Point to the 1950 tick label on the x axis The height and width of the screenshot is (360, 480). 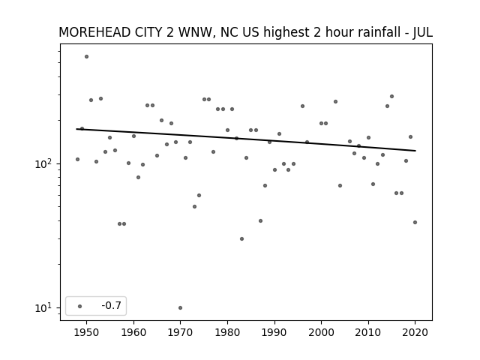coord(87,332)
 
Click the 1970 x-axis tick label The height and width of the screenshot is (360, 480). coord(180,332)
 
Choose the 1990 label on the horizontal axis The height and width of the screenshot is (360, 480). coord(274,332)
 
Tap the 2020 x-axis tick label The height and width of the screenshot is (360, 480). coord(415,332)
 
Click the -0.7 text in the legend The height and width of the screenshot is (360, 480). coord(112,305)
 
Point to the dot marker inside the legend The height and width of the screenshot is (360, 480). coord(80,306)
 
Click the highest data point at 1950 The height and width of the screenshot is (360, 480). coord(87,57)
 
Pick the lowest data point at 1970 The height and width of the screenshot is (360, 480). coord(180,307)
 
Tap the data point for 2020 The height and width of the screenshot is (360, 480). coord(415,222)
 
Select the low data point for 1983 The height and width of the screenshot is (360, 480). coord(241,238)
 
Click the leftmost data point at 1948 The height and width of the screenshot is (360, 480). coord(77,159)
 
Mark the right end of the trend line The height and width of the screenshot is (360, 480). coord(415,151)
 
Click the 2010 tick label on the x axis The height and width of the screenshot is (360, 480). coord(368,332)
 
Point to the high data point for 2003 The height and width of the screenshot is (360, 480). coord(335,102)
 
